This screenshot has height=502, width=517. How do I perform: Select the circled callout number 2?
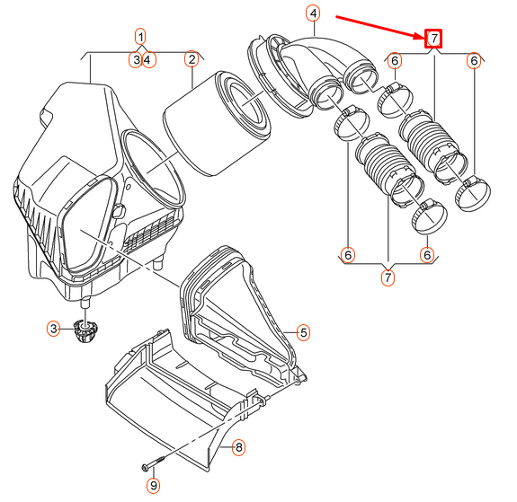[x=191, y=60]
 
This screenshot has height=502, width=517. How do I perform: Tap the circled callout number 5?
[x=304, y=333]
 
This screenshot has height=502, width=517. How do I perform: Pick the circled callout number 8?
[x=238, y=446]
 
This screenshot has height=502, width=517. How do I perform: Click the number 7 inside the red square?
[x=433, y=38]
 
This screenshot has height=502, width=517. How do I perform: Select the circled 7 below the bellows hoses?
[x=388, y=277]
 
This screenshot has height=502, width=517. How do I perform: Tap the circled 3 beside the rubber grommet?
[x=54, y=330]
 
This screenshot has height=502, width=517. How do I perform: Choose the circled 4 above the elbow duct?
[x=313, y=13]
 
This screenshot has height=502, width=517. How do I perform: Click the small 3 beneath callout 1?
[x=135, y=60]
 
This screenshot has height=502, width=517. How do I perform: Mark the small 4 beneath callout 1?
[x=147, y=60]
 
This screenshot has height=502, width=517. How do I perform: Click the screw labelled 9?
[x=154, y=466]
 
